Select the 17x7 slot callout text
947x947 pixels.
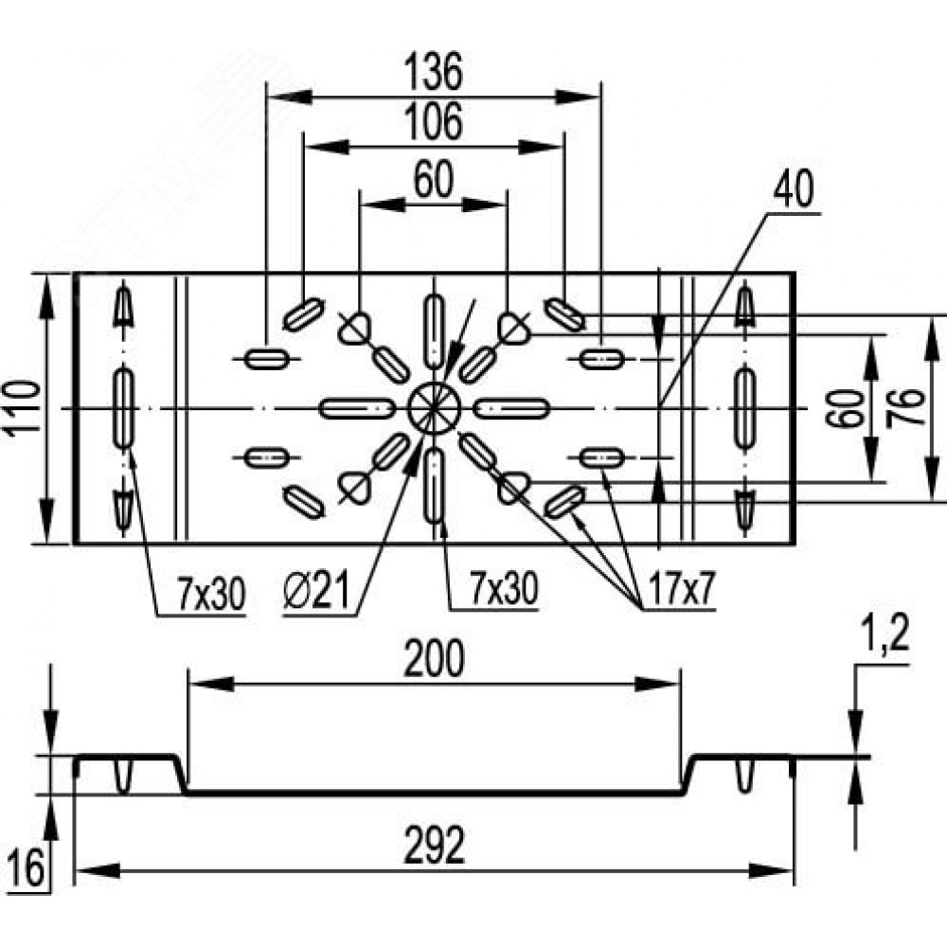678,592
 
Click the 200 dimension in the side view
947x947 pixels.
434,660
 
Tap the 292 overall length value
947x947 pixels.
434,847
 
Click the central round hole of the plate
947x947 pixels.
434,408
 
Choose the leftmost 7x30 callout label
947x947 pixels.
210,594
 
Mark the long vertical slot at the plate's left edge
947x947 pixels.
123,408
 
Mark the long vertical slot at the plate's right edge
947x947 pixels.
745,408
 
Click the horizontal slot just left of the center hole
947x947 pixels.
357,408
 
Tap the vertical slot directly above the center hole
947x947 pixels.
434,331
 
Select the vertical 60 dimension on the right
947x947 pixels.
849,409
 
